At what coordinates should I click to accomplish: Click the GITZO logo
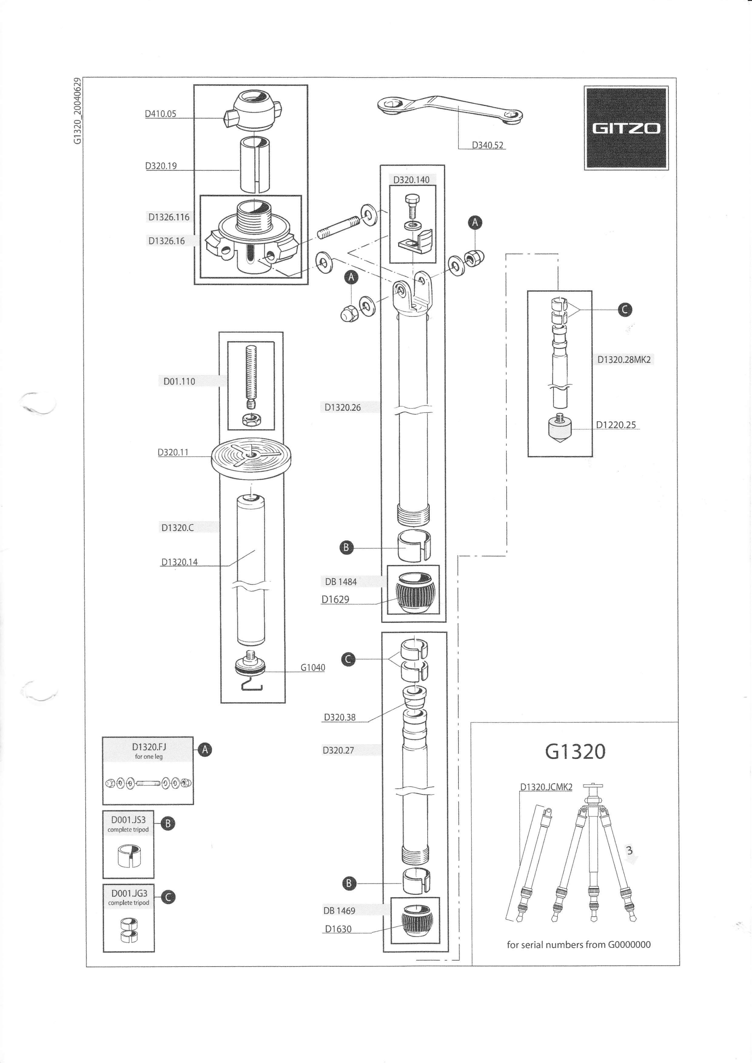tap(626, 128)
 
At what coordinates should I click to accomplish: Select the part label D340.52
tap(488, 145)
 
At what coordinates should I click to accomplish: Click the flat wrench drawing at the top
tap(451, 110)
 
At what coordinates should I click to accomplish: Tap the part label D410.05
tap(160, 114)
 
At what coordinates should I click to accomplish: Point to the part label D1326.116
tap(169, 217)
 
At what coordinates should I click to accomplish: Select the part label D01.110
tap(179, 382)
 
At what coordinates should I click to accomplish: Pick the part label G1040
tap(313, 668)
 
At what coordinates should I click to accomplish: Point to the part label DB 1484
tap(341, 582)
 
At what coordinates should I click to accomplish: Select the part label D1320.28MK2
tap(624, 359)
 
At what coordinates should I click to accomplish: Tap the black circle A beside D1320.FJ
tap(205, 749)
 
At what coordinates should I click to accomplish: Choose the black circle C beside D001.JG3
tap(168, 897)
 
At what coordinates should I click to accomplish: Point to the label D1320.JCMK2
tap(546, 787)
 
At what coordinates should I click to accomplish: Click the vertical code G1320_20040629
tap(78, 111)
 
